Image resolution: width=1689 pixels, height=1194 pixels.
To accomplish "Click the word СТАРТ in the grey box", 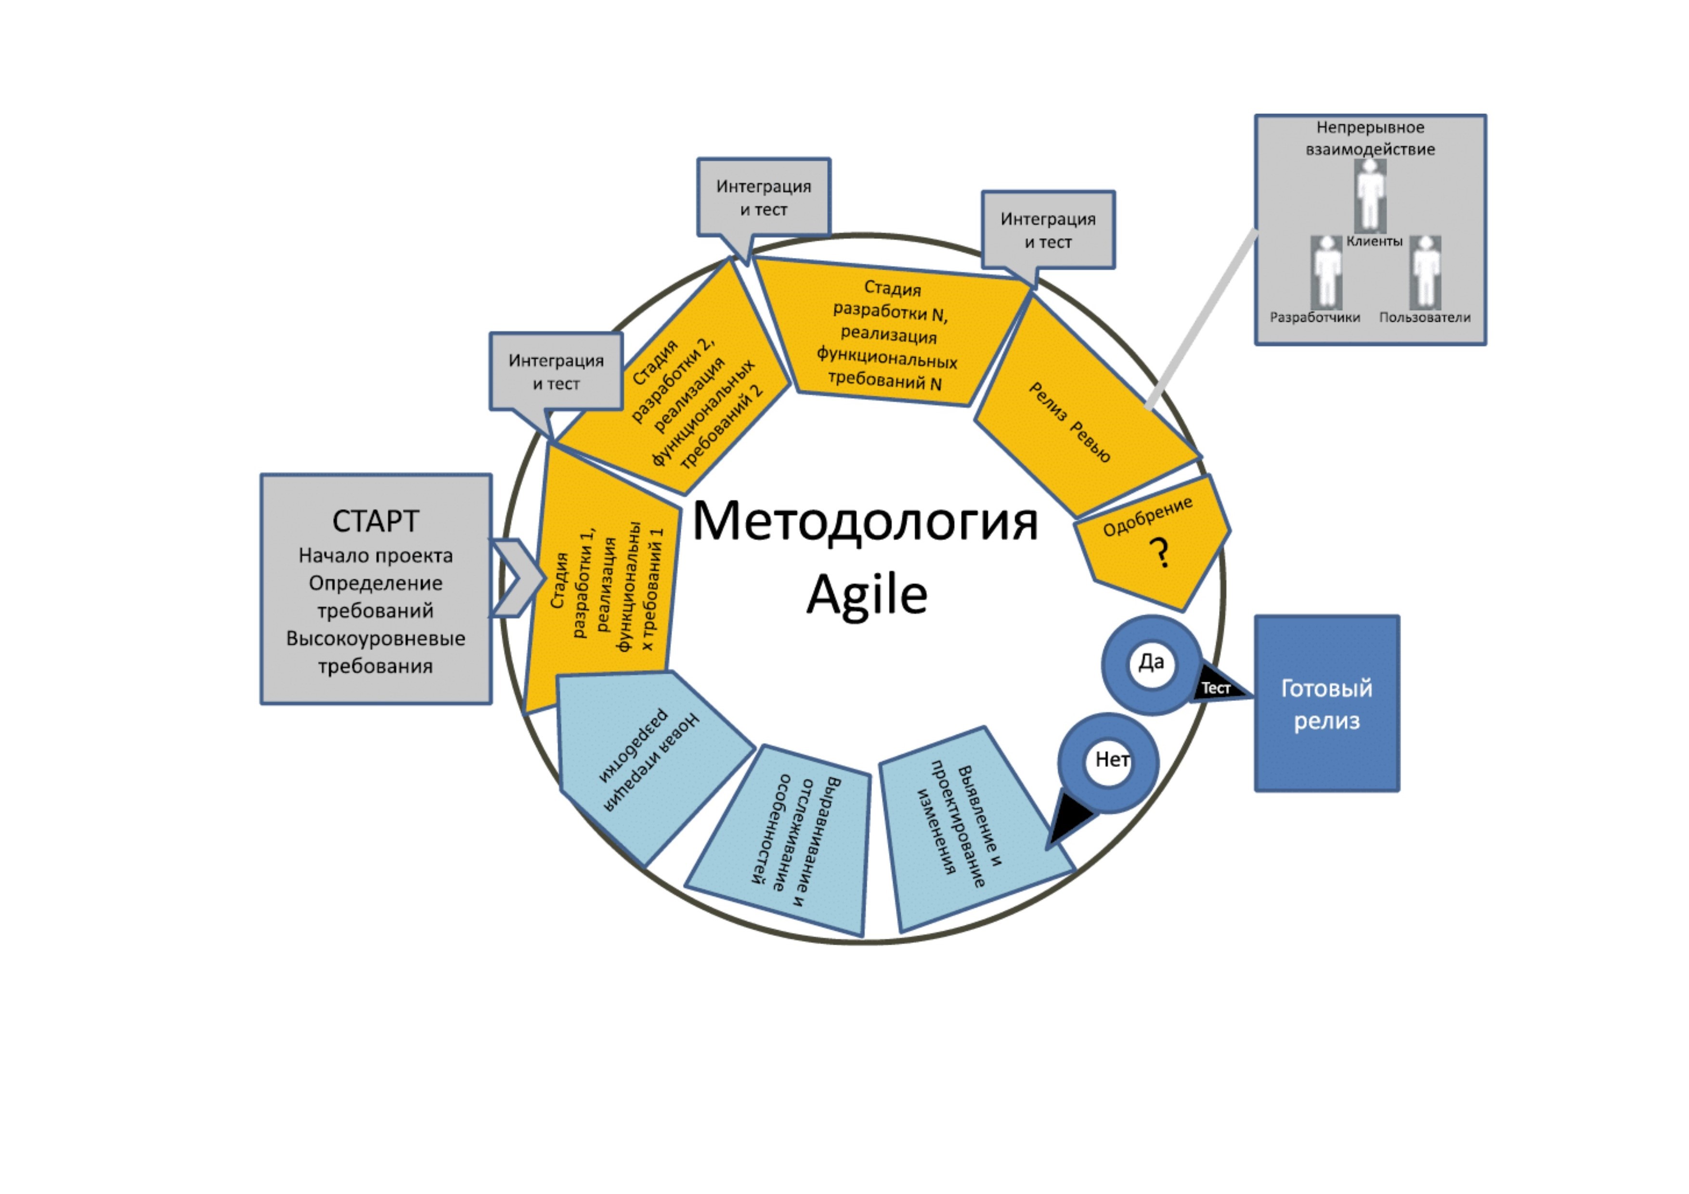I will pos(375,521).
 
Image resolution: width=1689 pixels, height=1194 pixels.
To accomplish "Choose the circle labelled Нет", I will pos(1109,762).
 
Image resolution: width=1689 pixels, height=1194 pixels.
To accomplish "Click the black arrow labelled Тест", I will pos(1218,688).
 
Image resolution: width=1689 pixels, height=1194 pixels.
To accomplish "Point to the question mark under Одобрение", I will pos(1160,553).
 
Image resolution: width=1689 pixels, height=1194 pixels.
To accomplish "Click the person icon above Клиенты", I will pos(1370,195).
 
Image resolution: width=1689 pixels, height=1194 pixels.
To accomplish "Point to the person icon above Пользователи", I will pos(1425,272).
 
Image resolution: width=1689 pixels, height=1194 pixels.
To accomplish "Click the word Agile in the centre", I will pos(867,595).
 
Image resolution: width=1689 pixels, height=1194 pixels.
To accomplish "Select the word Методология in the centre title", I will pos(865,521).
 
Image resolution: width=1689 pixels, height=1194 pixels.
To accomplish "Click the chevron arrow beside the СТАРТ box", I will pos(515,578).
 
